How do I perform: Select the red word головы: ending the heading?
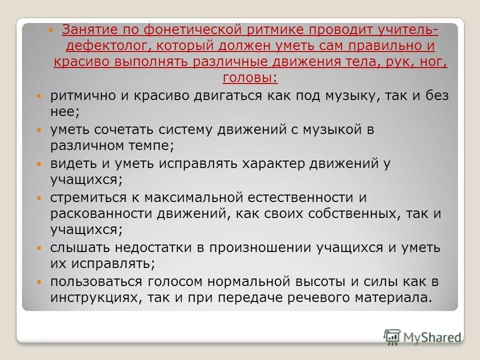click(x=250, y=77)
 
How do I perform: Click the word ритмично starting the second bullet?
click(x=82, y=96)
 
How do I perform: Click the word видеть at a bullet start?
click(x=73, y=163)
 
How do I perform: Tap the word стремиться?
click(x=86, y=198)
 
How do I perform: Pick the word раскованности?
click(x=102, y=214)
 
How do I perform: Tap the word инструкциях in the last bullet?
click(x=93, y=298)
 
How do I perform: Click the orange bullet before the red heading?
click(x=55, y=31)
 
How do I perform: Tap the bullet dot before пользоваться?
click(x=40, y=282)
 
